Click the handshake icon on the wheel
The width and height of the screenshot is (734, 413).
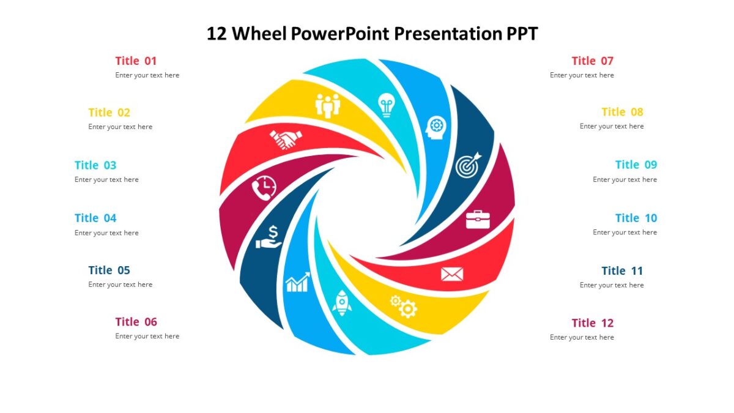coord(286,140)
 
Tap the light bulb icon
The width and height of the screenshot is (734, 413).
coord(387,105)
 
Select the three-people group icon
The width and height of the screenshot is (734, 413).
coord(328,105)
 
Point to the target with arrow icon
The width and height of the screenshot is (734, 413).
coord(469,165)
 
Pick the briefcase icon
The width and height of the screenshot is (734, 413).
coord(478,219)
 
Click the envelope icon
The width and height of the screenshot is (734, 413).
coord(452,274)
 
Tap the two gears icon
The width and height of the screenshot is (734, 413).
coord(404,306)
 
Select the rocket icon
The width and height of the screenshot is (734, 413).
coord(342,303)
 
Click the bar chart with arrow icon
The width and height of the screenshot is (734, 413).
coord(297,283)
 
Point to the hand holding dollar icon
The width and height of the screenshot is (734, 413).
coord(269,237)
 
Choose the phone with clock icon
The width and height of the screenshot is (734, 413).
coord(264,187)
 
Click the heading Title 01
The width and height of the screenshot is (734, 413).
coord(136,61)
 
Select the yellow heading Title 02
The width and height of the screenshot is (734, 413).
coord(109,113)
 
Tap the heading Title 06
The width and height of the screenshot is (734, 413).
coord(136,322)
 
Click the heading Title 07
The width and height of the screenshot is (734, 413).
coord(592,61)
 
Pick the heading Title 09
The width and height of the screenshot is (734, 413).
coord(636,165)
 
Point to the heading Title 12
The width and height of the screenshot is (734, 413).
coord(592,323)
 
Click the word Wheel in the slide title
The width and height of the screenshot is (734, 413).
coord(259,34)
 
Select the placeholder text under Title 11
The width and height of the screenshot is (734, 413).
coord(612,285)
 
